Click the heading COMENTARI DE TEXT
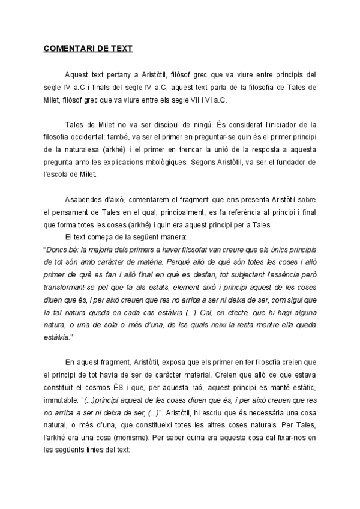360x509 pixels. (x=88, y=47)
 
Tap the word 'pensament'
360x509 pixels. (x=71, y=211)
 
